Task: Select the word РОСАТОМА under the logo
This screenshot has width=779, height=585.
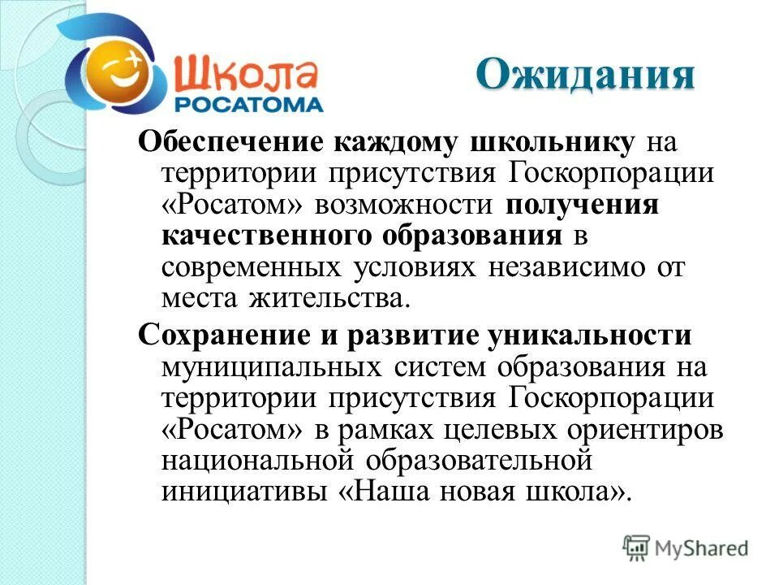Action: [x=249, y=104]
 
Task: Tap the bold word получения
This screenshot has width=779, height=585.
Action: [x=582, y=206]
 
